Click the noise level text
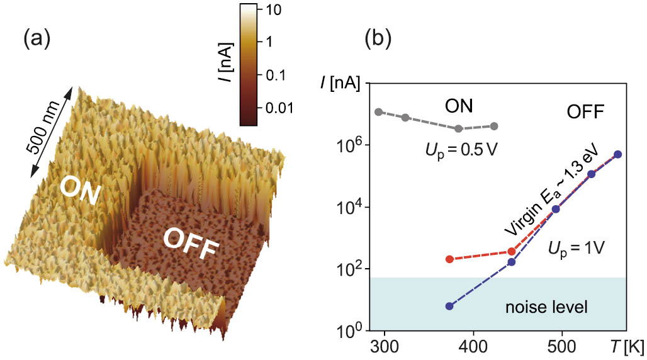pyautogui.click(x=546, y=308)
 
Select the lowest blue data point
pyautogui.click(x=449, y=306)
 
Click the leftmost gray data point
pyautogui.click(x=378, y=112)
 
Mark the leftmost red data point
pyautogui.click(x=449, y=259)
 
